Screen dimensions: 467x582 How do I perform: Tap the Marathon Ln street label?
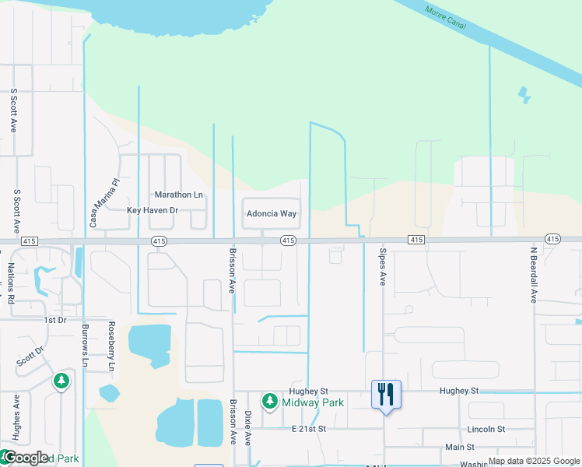[178, 195]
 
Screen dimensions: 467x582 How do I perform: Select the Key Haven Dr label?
[153, 210]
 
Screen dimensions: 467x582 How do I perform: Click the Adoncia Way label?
[272, 213]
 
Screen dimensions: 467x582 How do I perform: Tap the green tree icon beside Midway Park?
[269, 402]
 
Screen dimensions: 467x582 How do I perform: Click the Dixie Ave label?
[248, 428]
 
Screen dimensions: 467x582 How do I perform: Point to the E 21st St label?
[308, 429]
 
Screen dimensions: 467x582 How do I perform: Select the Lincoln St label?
[486, 429]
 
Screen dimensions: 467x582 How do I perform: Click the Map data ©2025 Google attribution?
[534, 461]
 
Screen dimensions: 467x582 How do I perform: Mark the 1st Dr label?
[55, 320]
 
